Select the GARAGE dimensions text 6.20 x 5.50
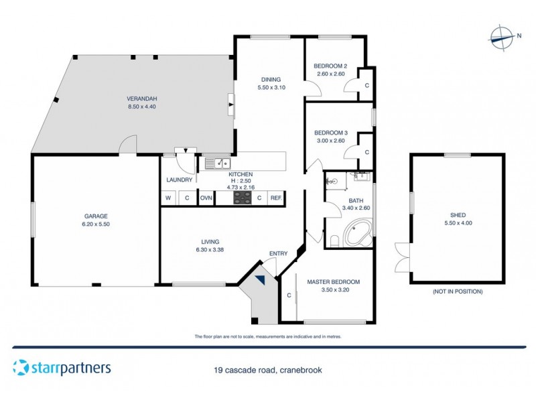click(96, 225)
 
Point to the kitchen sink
click(217, 163)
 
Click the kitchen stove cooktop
click(241, 198)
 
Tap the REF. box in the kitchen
click(275, 198)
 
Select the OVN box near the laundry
click(206, 198)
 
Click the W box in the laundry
click(168, 198)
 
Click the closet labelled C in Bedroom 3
click(366, 152)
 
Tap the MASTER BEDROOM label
click(334, 281)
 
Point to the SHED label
click(458, 215)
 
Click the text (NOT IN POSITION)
click(458, 292)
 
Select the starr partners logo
click(62, 368)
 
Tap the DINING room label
click(271, 79)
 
